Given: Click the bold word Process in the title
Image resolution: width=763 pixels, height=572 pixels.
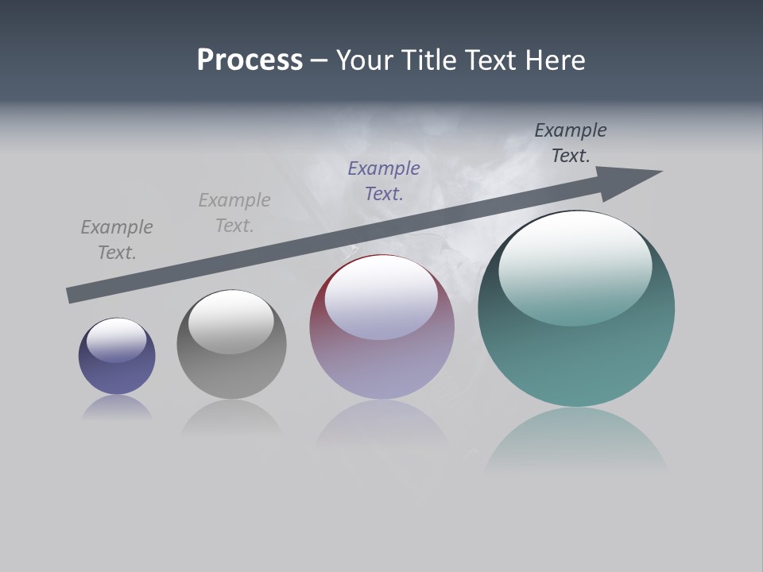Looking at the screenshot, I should (250, 60).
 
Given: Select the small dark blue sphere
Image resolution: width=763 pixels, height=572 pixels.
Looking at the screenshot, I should (117, 373).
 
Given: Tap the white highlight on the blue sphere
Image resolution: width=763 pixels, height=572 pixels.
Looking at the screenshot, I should (117, 341).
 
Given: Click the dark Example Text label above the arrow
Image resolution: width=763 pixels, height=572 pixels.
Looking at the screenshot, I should (571, 143).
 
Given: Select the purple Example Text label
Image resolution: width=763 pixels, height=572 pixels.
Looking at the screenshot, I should (384, 181).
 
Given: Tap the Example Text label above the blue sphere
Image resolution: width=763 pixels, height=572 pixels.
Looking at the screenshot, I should (117, 240).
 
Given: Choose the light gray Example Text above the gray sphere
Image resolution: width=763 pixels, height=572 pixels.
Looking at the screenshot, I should (234, 213).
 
